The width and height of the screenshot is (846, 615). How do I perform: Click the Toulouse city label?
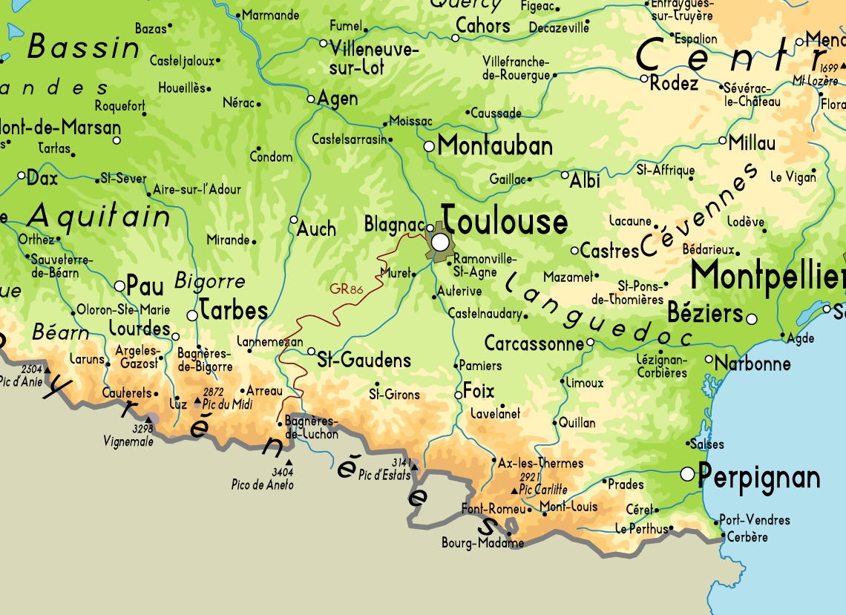click(505, 222)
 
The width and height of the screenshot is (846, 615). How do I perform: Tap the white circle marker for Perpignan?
click(687, 473)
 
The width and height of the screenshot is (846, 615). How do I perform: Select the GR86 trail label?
click(346, 289)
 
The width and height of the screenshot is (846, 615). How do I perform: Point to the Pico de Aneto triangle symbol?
click(289, 462)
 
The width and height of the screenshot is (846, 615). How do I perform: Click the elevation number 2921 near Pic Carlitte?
click(529, 477)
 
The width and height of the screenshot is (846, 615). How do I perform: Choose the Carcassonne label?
click(534, 343)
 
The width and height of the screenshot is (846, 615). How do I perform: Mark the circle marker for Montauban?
click(429, 147)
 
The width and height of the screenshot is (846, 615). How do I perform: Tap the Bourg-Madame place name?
click(482, 542)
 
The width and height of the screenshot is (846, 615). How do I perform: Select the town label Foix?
click(479, 391)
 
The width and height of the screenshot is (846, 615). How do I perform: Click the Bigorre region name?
click(209, 281)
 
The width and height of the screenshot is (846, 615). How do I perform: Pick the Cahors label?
click(483, 26)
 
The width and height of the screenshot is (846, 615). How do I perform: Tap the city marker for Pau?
click(119, 286)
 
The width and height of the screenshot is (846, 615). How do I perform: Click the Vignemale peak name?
click(128, 441)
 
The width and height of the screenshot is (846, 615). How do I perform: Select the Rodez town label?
click(674, 84)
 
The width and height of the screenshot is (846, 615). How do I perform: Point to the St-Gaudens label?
click(364, 361)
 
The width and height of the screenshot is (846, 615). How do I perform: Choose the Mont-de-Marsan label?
click(59, 126)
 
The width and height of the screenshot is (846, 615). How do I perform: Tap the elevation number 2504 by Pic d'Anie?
click(32, 369)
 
